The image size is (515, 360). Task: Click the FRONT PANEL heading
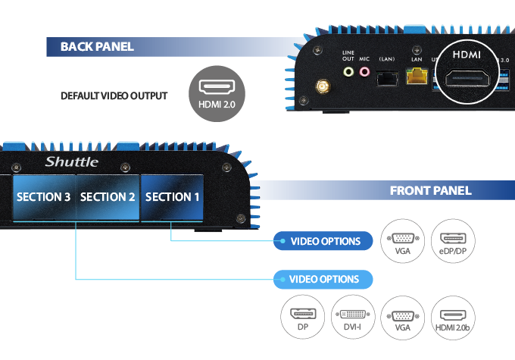[430, 190]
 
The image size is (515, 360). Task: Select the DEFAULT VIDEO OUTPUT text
[114, 96]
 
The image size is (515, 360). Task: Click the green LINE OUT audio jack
[348, 73]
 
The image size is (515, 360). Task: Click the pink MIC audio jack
[365, 73]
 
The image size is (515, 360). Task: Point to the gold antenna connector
[322, 88]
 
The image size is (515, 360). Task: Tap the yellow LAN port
[416, 77]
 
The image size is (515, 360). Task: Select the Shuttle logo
[71, 161]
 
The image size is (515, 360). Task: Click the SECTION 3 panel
[44, 197]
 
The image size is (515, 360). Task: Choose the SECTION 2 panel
[108, 197]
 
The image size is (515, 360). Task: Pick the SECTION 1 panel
[173, 197]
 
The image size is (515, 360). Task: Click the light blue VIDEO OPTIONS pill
[324, 279]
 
